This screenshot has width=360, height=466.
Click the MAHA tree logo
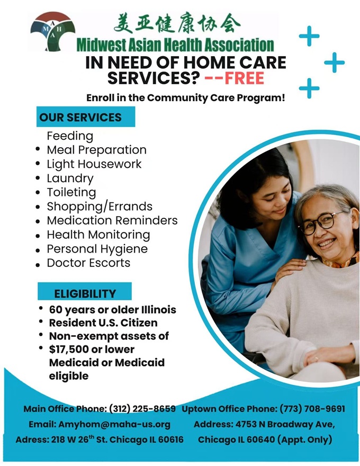pyautogui.click(x=52, y=31)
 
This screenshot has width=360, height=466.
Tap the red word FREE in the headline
pyautogui.click(x=244, y=78)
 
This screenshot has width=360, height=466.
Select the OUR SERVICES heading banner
pyautogui.click(x=86, y=117)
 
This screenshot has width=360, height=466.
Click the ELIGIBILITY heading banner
pyautogui.click(x=85, y=292)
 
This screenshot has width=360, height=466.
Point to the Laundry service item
pyautogui.click(x=70, y=178)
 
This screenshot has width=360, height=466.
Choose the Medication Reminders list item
pyautogui.click(x=112, y=220)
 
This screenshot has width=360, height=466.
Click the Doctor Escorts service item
pyautogui.click(x=88, y=263)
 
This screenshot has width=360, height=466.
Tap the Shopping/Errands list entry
pyautogui.click(x=100, y=207)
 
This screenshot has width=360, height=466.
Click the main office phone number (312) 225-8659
pyautogui.click(x=142, y=409)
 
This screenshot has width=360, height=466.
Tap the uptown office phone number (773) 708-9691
pyautogui.click(x=312, y=409)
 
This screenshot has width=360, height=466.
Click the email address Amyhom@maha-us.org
pyautogui.click(x=114, y=424)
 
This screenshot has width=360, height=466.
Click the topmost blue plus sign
pyautogui.click(x=309, y=36)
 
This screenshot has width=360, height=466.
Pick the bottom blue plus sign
pyautogui.click(x=309, y=88)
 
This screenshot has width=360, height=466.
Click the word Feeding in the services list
pyautogui.click(x=70, y=136)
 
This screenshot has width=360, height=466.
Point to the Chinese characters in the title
pyautogui.click(x=177, y=23)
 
